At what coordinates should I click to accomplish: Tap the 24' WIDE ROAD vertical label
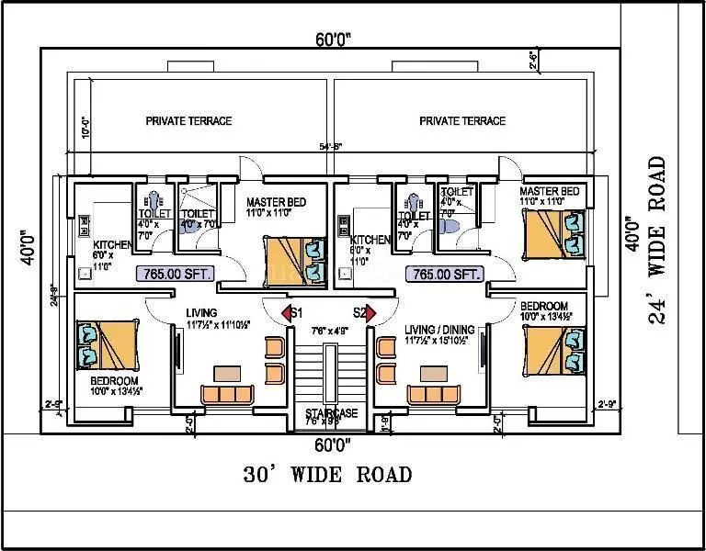[x=656, y=241]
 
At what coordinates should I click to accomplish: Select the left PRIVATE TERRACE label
[x=188, y=120]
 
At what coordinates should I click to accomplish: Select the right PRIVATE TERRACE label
[x=461, y=120]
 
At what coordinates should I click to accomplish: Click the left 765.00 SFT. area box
[x=175, y=273]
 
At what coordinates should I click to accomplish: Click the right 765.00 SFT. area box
[x=446, y=274]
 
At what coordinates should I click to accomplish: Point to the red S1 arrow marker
[x=288, y=314]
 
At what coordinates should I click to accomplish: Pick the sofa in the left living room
[x=228, y=394]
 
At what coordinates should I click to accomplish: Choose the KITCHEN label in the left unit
[x=112, y=245]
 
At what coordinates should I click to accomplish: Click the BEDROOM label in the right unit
[x=543, y=306]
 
